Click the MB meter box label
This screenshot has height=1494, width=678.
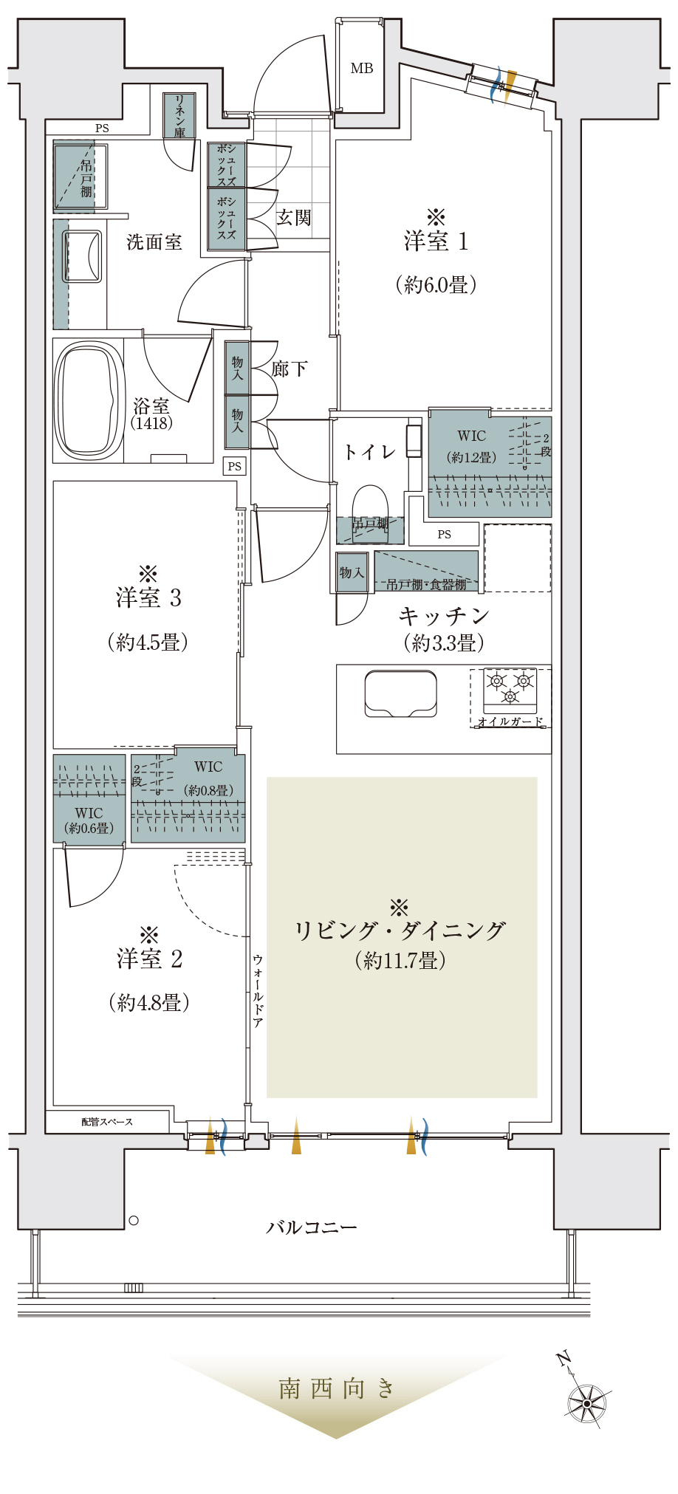click(x=362, y=69)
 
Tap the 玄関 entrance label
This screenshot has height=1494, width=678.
click(x=294, y=218)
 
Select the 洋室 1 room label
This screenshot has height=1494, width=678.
click(x=436, y=241)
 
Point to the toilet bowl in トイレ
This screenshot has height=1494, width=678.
click(x=370, y=504)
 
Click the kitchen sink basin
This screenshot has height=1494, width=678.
click(x=400, y=693)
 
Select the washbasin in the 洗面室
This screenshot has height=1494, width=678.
click(x=82, y=256)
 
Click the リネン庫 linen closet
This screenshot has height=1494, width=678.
click(x=179, y=116)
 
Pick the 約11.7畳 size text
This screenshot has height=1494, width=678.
click(x=400, y=960)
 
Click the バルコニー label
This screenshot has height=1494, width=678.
click(x=312, y=1227)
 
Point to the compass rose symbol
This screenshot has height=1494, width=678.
click(x=587, y=1402)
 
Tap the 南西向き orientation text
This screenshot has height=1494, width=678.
click(x=337, y=1389)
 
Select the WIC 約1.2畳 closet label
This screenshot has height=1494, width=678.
click(x=472, y=446)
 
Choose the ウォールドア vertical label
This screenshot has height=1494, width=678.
click(x=258, y=990)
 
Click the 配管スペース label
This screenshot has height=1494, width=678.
click(x=107, y=1122)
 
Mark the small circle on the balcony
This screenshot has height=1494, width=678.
click(x=134, y=1221)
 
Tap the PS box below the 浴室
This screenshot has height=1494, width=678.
click(x=235, y=466)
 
